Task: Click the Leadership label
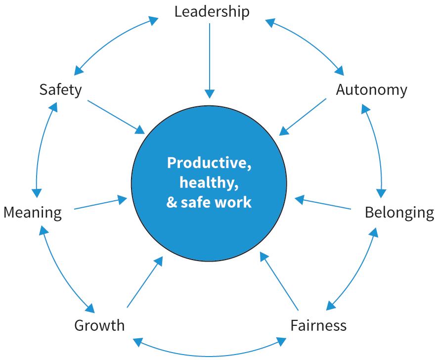pos(212,11)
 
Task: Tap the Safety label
pos(60,90)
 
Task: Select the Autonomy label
pos(371,90)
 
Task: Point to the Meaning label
pos(33,213)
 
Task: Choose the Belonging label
pos(399,213)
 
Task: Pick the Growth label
pos(99,326)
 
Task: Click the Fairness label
pos(318,326)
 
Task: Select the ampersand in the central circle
pos(171,202)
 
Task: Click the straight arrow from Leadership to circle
pos(210,59)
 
